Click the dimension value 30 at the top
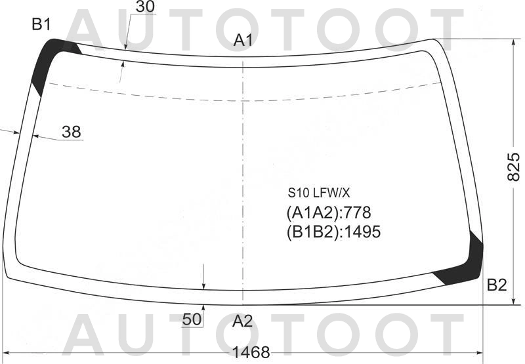tap(145, 7)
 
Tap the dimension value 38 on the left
tap(72, 132)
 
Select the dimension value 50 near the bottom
tap(192, 319)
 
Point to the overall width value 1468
tap(251, 352)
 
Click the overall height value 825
tap(513, 167)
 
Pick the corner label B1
tap(41, 24)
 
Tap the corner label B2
tap(497, 285)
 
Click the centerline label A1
tap(243, 41)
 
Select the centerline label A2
tap(242, 321)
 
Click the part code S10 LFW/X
tap(319, 193)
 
